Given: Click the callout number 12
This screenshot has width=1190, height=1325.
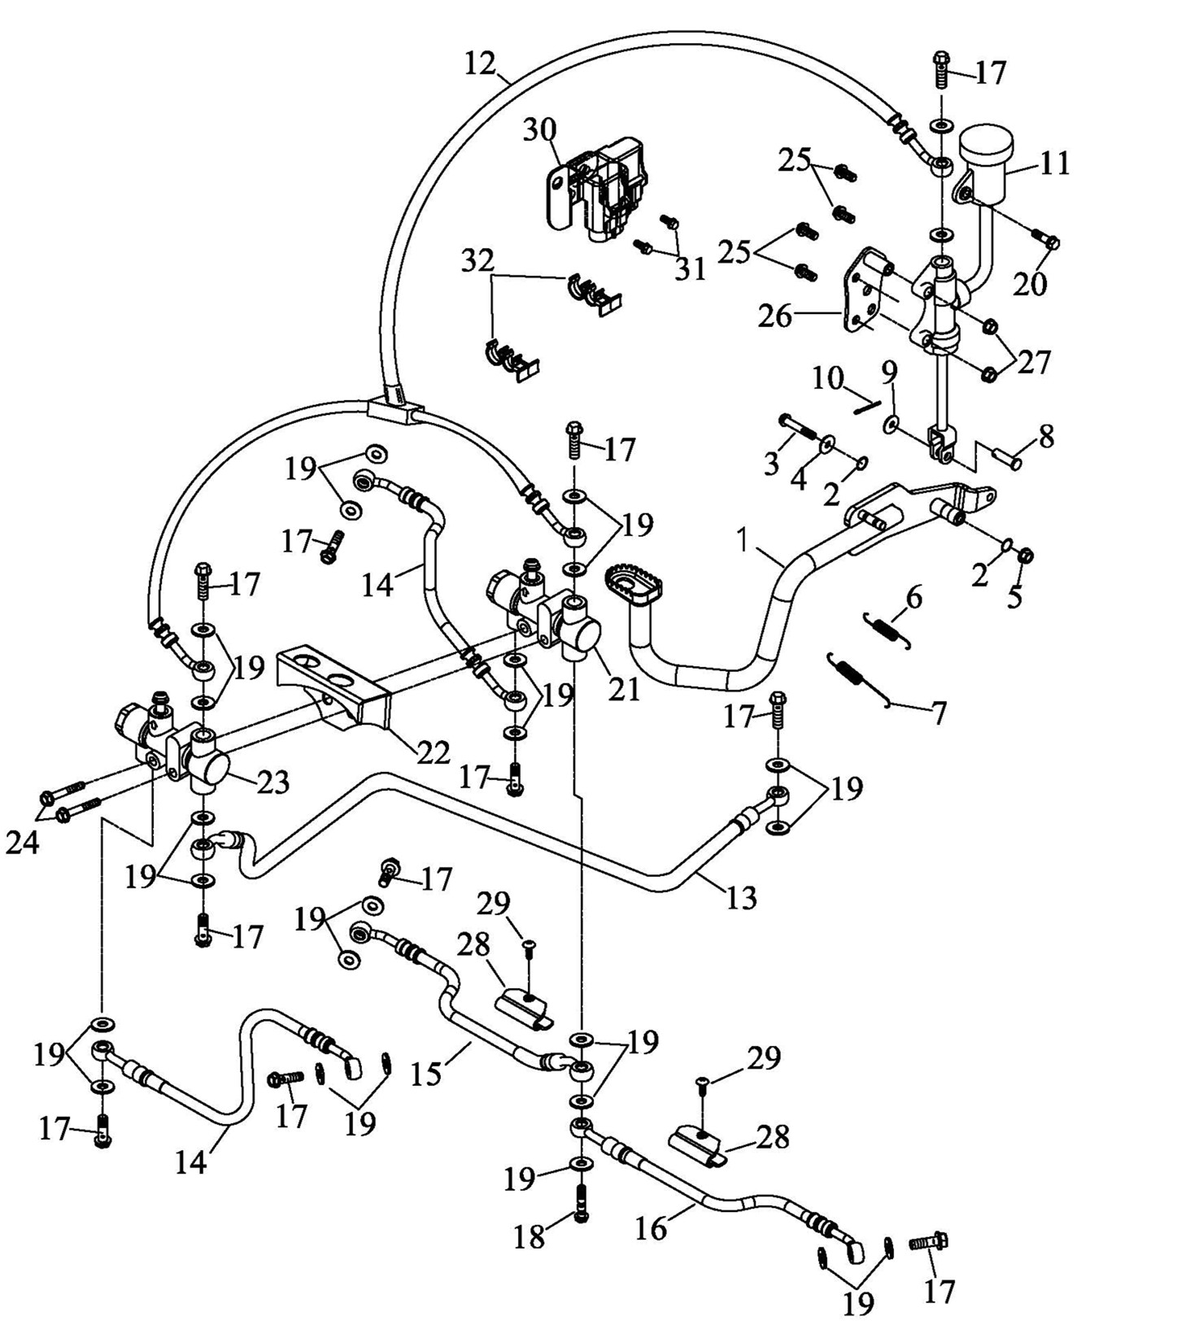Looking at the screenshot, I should point(480,63).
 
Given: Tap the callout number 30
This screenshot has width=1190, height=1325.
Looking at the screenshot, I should point(539,129).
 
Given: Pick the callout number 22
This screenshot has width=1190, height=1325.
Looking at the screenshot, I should point(433,752).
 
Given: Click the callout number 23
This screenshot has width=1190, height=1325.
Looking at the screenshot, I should point(273,782).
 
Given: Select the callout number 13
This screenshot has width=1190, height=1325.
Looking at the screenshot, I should point(741,897).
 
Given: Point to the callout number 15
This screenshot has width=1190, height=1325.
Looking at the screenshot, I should point(426,1074).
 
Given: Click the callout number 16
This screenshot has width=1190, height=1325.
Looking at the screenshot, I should point(651,1228).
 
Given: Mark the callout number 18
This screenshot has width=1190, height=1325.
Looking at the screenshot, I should point(529,1237).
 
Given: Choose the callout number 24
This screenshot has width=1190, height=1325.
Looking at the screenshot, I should point(22,843).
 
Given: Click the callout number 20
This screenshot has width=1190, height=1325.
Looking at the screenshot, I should point(1030,284).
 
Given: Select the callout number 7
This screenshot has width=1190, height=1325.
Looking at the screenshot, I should point(939,713).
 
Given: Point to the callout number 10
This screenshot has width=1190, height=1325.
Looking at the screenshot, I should point(827,378).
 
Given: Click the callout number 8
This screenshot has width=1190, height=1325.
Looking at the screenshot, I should point(1046,436).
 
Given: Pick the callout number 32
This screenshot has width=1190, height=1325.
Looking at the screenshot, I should point(477,261).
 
